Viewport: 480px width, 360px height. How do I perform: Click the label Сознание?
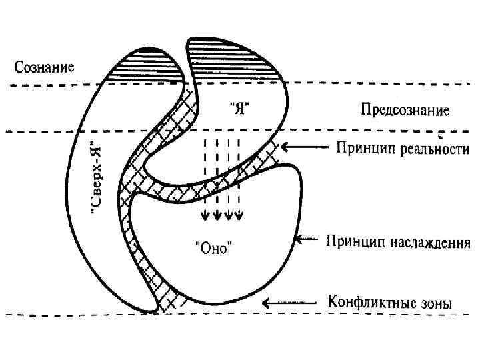(x=45, y=67)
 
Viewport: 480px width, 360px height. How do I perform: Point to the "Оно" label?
(x=213, y=249)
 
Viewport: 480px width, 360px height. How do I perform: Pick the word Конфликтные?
(x=366, y=302)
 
